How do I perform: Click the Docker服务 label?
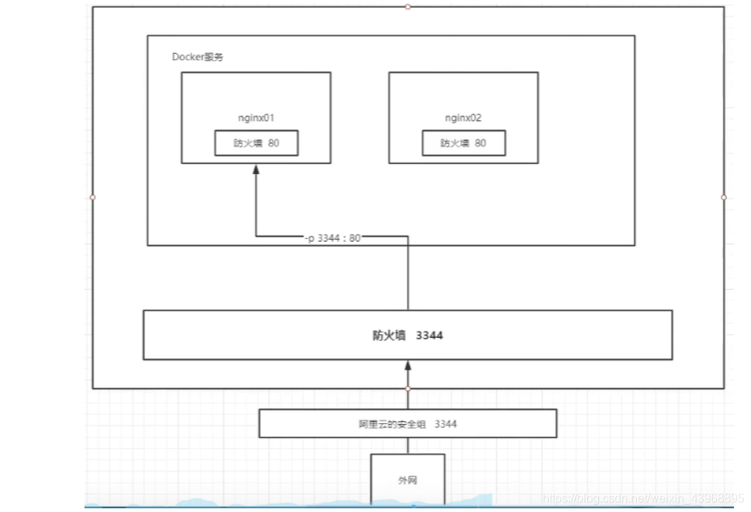click(197, 57)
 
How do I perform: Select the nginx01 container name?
click(256, 118)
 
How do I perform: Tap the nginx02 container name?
click(463, 118)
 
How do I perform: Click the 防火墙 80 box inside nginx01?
click(257, 143)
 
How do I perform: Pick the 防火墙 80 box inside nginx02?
click(464, 143)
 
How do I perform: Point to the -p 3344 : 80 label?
click(332, 237)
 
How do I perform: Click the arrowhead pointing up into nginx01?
click(256, 169)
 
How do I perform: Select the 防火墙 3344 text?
click(408, 336)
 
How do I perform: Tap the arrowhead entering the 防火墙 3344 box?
click(408, 365)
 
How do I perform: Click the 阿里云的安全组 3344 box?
click(408, 424)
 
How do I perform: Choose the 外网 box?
click(408, 479)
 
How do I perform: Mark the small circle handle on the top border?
click(408, 7)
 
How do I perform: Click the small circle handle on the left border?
click(93, 197)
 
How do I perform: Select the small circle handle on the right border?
click(724, 197)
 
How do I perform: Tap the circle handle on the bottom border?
click(408, 388)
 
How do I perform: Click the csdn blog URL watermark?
click(641, 499)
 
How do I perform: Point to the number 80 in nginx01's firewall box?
click(274, 143)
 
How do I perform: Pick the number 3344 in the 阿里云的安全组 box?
click(446, 424)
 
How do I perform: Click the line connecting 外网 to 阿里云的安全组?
click(408, 445)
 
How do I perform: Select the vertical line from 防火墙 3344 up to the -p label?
click(408, 274)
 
